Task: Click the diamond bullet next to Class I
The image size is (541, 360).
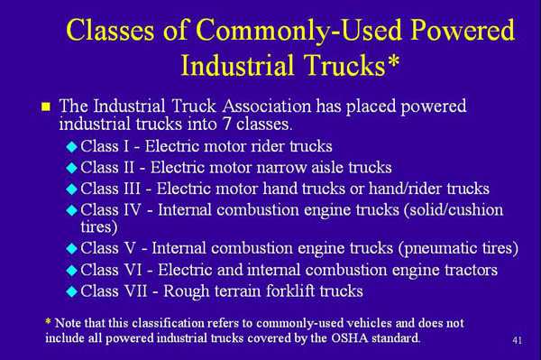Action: [72, 145]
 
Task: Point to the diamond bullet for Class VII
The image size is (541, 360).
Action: [72, 291]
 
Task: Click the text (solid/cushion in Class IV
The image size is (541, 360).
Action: [451, 209]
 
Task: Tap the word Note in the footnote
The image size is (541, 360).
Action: [68, 322]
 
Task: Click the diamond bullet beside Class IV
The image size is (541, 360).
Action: [72, 210]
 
